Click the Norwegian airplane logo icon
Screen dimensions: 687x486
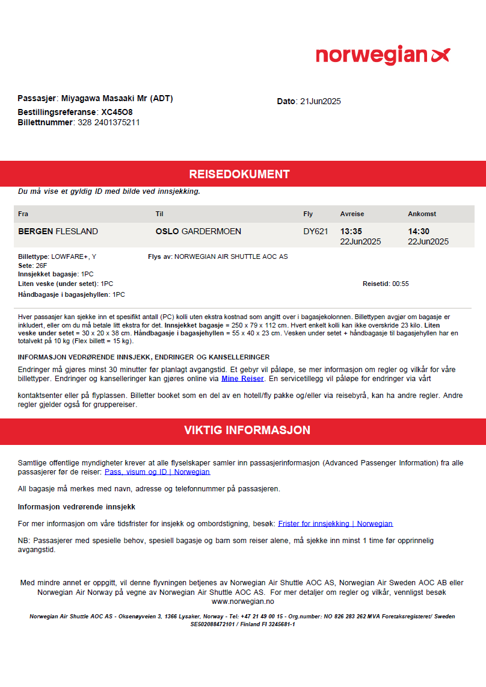(440, 55)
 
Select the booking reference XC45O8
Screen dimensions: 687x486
(117, 112)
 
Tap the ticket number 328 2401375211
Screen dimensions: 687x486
(109, 122)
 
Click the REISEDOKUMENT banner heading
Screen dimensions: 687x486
(239, 175)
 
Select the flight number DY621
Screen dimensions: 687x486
(316, 232)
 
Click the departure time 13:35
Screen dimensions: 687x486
(351, 232)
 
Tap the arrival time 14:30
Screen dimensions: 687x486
(419, 232)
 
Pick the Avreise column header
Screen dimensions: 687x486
(352, 214)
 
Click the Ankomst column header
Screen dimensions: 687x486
(422, 214)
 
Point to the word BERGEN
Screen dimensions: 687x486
(35, 232)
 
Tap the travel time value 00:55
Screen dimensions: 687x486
(401, 284)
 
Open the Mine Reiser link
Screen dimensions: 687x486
(242, 379)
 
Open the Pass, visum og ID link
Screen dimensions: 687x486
(157, 472)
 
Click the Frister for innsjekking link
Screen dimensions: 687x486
(335, 524)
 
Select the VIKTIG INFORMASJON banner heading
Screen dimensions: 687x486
(247, 431)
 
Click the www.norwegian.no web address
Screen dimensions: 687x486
(243, 601)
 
